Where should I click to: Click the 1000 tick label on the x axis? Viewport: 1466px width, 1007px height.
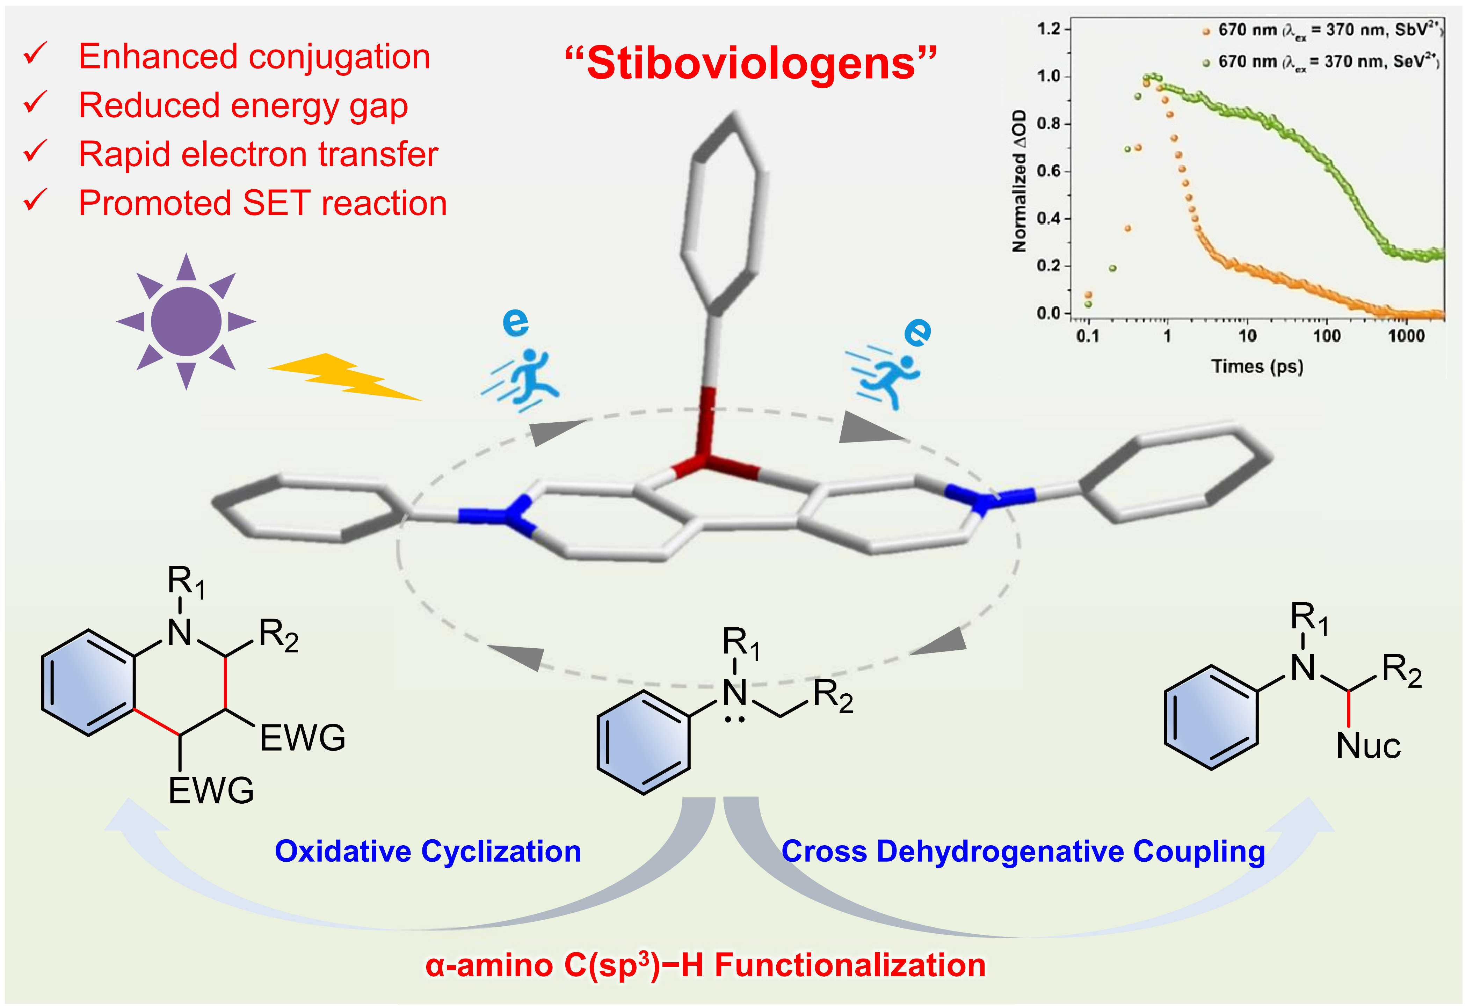pos(1406,336)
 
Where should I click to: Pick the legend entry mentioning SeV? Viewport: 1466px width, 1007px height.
pos(1322,62)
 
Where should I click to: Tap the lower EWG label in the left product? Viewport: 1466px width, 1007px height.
pos(211,791)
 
